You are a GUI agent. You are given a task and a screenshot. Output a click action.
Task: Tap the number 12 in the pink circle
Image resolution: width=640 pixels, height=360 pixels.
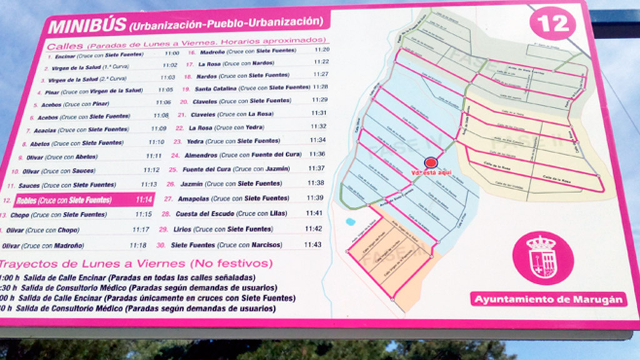[553, 24]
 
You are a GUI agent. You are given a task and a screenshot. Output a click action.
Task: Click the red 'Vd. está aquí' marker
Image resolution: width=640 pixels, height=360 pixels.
[430, 162]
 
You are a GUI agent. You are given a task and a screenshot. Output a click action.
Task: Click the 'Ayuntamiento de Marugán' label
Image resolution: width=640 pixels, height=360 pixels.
[548, 299]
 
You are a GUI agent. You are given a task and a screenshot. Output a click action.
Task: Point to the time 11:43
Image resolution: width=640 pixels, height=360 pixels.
[312, 244]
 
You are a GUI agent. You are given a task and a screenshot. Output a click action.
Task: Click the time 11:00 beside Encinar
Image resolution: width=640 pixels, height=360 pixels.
[171, 54]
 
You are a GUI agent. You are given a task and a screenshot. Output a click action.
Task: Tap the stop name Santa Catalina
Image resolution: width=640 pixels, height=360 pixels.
[216, 88]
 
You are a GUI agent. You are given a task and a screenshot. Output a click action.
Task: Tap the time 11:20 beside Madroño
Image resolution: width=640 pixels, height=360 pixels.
[322, 49]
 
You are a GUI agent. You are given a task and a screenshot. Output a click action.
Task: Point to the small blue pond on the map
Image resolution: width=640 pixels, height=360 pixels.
[350, 221]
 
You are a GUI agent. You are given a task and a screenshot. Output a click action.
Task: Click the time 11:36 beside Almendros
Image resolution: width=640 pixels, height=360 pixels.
[317, 154]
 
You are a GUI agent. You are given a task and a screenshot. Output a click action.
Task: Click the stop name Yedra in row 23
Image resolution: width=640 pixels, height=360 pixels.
[196, 141]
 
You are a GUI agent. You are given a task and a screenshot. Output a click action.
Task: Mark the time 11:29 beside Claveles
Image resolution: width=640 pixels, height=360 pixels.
[319, 100]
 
